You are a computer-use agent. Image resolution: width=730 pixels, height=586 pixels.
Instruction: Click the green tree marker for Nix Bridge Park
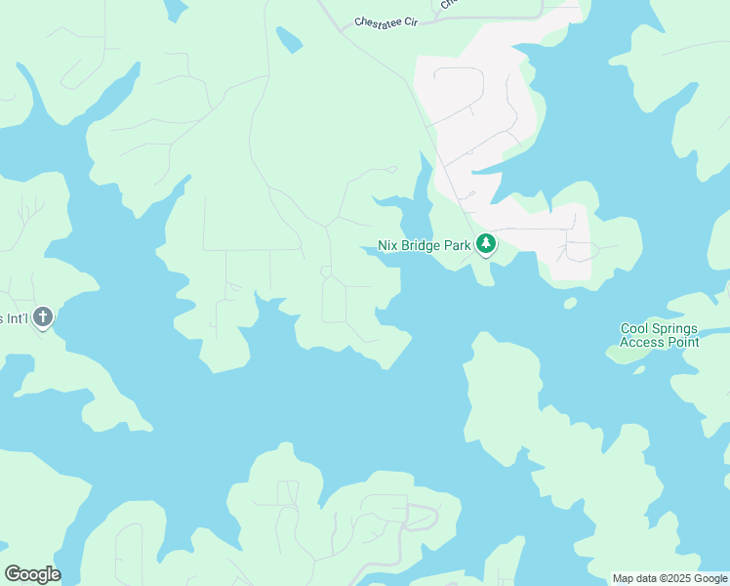[486, 245]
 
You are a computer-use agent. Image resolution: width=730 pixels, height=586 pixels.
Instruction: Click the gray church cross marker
[42, 317]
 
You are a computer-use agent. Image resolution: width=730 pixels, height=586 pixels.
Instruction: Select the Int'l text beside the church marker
[16, 318]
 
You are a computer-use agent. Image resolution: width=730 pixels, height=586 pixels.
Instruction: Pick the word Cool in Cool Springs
[634, 329]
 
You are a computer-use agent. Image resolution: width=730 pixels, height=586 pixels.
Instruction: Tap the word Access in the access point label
[640, 342]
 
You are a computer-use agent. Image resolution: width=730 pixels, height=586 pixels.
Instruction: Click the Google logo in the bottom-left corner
[32, 573]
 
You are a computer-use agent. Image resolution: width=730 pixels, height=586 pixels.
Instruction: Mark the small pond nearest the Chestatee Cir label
[289, 40]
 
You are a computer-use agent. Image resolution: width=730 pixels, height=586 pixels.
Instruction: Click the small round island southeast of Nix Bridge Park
[571, 303]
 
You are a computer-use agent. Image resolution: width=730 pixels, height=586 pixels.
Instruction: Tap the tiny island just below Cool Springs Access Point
[639, 370]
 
